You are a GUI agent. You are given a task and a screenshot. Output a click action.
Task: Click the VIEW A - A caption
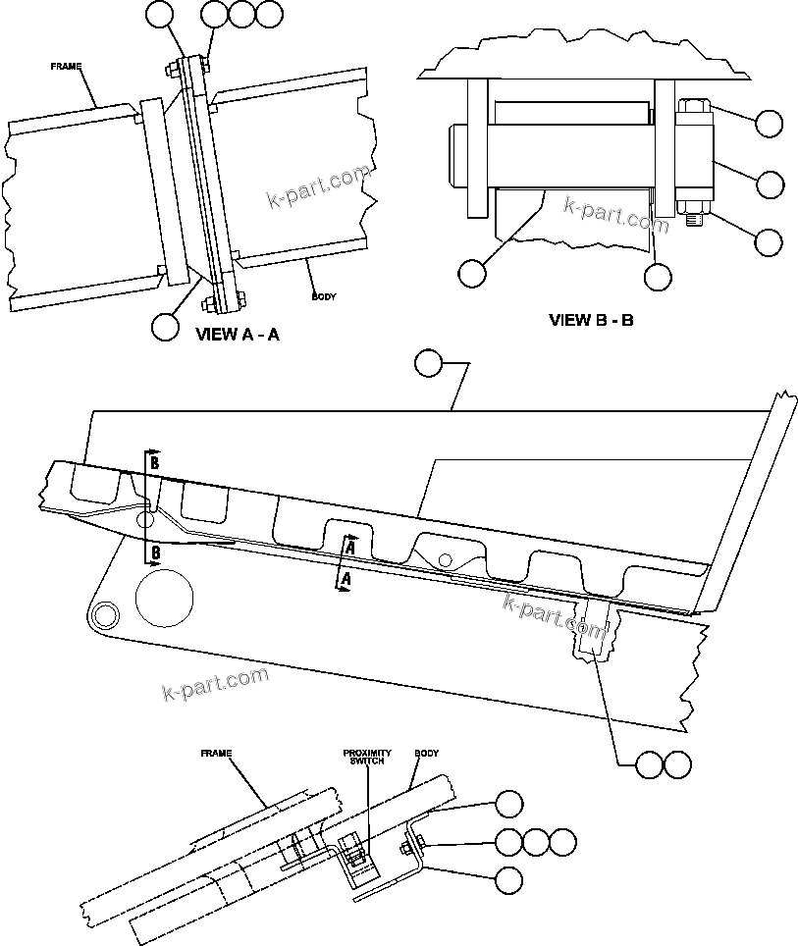pyautogui.click(x=238, y=335)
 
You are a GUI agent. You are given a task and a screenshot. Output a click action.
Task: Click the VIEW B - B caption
pyautogui.click(x=590, y=319)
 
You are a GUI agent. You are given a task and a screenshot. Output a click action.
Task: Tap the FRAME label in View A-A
pyautogui.click(x=66, y=66)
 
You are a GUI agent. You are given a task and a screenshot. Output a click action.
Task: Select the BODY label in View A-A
pyautogui.click(x=323, y=295)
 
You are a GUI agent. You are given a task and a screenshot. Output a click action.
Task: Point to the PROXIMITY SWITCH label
pyautogui.click(x=366, y=758)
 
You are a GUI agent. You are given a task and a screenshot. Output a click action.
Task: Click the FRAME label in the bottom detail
pyautogui.click(x=215, y=754)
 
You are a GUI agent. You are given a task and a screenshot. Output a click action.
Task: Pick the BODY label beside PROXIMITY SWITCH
pyautogui.click(x=426, y=754)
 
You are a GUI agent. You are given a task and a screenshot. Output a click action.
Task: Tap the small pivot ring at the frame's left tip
pyautogui.click(x=101, y=614)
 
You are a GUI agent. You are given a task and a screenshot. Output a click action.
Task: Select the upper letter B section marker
pyautogui.click(x=154, y=462)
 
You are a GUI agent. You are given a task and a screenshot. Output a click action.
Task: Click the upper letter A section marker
pyautogui.click(x=348, y=546)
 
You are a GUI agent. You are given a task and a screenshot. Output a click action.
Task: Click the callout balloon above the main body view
pyautogui.click(x=428, y=363)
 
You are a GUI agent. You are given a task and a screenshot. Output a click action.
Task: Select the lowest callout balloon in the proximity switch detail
pyautogui.click(x=508, y=880)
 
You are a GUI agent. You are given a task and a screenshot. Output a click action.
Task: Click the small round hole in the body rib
pyautogui.click(x=446, y=559)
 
